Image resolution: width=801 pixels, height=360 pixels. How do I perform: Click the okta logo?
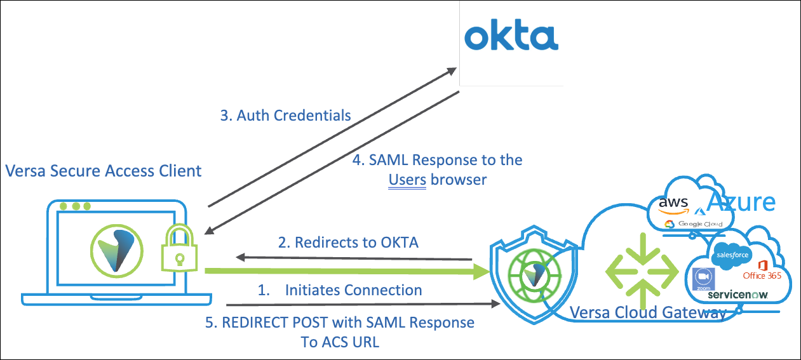511,37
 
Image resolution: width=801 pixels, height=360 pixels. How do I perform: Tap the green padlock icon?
180,248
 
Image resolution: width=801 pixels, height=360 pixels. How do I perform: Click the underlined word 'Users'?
407,179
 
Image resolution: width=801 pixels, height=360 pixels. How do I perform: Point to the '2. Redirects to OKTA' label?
348,242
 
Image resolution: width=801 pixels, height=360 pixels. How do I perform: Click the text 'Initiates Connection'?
353,290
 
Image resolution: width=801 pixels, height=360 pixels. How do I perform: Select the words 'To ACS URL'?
340,342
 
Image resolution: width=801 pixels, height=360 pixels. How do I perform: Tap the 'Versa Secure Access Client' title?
104,170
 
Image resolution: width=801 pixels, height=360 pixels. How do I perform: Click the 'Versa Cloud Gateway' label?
648,312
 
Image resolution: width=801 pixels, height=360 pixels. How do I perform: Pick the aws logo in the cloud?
673,203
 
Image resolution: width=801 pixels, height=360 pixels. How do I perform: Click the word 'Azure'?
741,202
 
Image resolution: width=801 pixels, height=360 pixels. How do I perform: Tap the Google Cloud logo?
694,224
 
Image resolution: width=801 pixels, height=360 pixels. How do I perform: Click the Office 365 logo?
762,269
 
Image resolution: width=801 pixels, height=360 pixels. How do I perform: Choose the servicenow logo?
737,295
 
